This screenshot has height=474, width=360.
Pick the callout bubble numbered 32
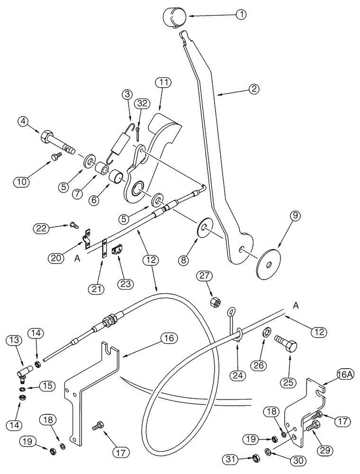141,103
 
